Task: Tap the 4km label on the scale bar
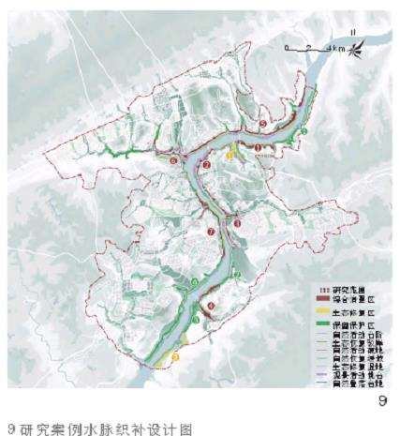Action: pyautogui.click(x=329, y=46)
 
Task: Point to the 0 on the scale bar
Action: pyautogui.click(x=289, y=46)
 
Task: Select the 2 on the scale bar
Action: pyautogui.click(x=307, y=46)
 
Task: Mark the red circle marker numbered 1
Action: pyautogui.click(x=258, y=148)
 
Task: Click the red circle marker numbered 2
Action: pyautogui.click(x=205, y=166)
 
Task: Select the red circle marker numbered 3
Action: pyautogui.click(x=238, y=223)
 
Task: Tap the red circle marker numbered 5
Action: pyautogui.click(x=263, y=124)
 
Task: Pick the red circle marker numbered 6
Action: pyautogui.click(x=175, y=160)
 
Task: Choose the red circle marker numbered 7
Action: pyautogui.click(x=212, y=231)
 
